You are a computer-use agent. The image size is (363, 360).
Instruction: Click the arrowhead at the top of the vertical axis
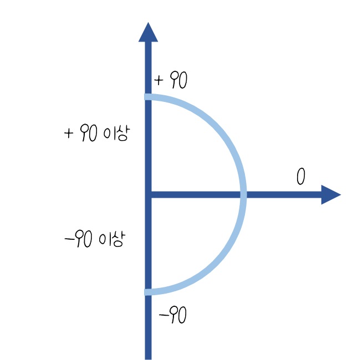tap(148, 33)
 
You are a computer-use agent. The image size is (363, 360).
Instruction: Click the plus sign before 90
tap(69, 133)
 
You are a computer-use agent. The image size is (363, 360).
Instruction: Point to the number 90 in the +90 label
tap(89, 133)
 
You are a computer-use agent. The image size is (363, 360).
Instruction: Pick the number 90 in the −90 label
tap(84, 240)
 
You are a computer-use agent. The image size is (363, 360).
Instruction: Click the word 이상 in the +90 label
tap(116, 133)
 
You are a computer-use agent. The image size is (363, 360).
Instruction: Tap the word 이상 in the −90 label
tap(111, 240)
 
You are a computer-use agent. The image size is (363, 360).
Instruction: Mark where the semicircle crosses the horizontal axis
tap(243, 194)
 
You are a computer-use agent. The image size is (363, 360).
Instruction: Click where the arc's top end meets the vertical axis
tap(148, 98)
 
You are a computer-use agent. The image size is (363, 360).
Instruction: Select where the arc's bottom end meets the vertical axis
tap(148, 291)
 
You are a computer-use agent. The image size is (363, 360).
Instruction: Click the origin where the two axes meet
tap(148, 194)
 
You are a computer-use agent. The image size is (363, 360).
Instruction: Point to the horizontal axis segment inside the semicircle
tap(194, 194)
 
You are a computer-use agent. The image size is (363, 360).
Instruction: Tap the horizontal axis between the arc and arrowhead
tap(283, 194)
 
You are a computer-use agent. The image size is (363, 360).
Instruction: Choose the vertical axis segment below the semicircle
tap(148, 327)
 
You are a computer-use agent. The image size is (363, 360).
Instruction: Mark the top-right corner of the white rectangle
tap(144, 59)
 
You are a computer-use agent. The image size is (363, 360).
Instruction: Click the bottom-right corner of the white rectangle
tap(144, 311)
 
